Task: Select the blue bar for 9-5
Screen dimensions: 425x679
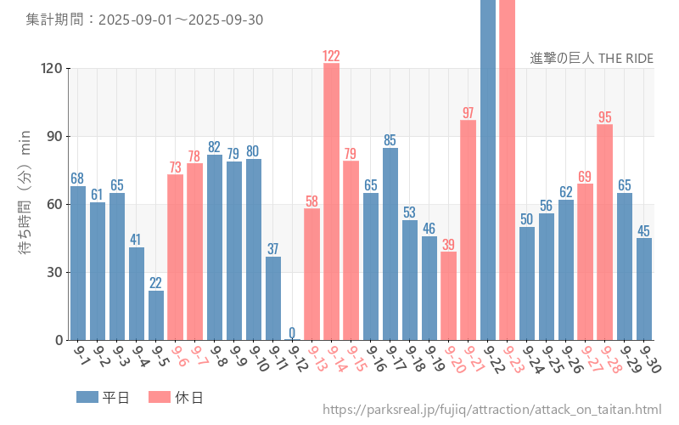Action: click(156, 315)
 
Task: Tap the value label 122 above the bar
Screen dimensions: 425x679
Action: click(331, 56)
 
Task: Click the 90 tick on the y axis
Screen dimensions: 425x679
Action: click(53, 137)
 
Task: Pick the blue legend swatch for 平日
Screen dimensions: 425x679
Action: click(87, 397)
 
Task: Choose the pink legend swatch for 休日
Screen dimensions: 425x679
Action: click(159, 397)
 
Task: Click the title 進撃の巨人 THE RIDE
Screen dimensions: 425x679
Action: click(592, 59)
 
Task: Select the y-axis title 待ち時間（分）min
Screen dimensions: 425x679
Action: click(25, 204)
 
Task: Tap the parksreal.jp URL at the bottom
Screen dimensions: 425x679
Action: click(491, 411)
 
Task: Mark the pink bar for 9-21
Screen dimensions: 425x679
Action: click(468, 229)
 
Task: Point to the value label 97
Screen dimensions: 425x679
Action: click(468, 113)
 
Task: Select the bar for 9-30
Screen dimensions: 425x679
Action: click(644, 289)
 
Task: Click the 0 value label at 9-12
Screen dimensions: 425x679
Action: click(292, 332)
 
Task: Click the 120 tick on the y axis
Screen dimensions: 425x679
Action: click(51, 69)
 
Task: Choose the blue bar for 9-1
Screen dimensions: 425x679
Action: click(78, 263)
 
